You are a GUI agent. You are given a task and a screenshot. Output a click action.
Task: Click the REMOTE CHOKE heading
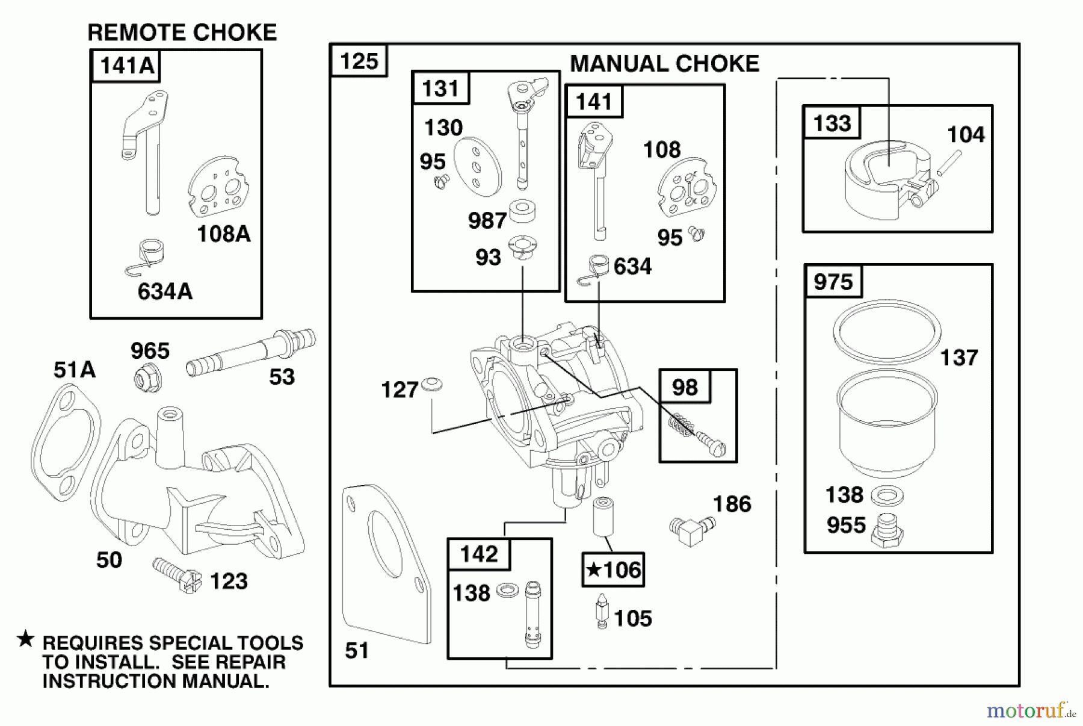[182, 32]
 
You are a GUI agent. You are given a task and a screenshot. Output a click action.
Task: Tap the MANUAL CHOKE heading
[664, 64]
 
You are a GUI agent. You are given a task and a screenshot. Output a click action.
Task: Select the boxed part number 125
[359, 61]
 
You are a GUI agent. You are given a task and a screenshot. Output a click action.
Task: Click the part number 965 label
[150, 350]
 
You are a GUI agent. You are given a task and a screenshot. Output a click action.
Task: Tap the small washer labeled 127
[431, 384]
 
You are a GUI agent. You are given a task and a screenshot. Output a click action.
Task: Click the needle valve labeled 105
[602, 611]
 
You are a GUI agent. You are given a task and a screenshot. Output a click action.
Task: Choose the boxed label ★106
[613, 569]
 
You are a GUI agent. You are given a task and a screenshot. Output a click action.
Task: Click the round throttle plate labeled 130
[477, 167]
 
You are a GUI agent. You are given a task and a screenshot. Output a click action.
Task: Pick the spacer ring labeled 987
[522, 211]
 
